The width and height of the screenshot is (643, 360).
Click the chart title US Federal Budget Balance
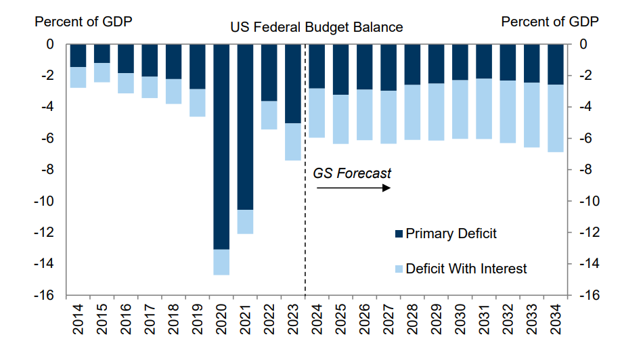click(x=316, y=28)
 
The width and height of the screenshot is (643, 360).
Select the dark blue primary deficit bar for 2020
click(x=221, y=145)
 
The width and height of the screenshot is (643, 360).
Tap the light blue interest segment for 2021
click(x=245, y=222)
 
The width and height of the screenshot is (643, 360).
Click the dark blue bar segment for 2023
click(x=292, y=83)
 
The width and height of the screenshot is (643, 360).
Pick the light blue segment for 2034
click(x=556, y=118)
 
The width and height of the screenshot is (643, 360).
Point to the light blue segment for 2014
click(x=79, y=77)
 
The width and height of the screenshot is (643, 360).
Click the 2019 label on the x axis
click(x=198, y=319)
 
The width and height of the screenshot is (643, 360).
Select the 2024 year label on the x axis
click(x=317, y=319)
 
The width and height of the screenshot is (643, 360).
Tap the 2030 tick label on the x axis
click(x=460, y=319)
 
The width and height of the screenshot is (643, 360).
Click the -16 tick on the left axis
click(x=45, y=295)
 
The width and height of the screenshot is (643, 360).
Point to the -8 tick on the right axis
click(x=586, y=170)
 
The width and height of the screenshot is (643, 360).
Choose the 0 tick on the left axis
click(x=49, y=45)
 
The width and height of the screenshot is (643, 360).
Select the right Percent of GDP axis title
click(x=550, y=22)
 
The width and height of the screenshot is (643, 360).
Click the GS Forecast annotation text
click(x=352, y=173)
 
